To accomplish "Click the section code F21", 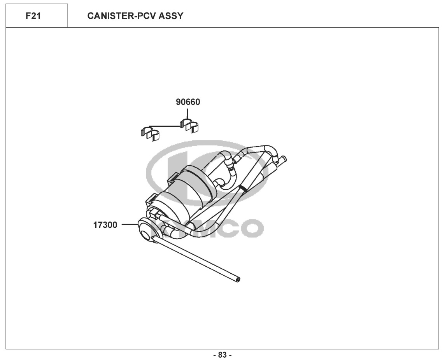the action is (x=33, y=16).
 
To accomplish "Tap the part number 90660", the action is (x=188, y=102).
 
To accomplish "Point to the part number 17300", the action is (x=105, y=225).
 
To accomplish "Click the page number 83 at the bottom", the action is (x=222, y=355).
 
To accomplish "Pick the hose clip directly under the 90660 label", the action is (x=189, y=126).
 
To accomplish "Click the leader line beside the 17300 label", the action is (x=128, y=224).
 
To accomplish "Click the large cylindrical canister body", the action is (x=183, y=194).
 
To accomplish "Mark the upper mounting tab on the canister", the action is (x=172, y=178).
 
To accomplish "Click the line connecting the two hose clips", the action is (x=165, y=126).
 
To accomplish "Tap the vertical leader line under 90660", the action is (x=187, y=114).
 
